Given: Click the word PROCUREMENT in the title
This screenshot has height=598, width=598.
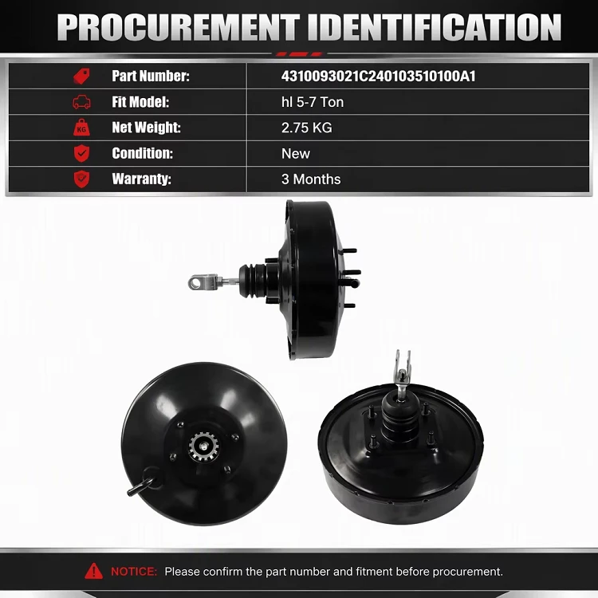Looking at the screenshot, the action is coord(179,27).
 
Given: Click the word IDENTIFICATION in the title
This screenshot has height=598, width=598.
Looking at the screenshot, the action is coord(435,27).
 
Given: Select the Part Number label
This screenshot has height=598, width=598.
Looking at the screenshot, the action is coord(151,76).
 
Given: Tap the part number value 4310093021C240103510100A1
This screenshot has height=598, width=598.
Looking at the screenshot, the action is coord(378,77).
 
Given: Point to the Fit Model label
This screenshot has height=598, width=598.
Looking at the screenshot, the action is coord(140,102).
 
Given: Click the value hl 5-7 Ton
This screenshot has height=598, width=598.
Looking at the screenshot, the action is coord(313,102).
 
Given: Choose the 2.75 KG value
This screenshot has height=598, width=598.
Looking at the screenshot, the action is coord(307,128).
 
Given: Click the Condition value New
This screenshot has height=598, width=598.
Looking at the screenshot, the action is coord(296,154).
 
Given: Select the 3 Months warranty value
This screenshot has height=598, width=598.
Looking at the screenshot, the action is coord(311,179).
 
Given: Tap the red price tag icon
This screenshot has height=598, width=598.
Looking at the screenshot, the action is coord(81,77).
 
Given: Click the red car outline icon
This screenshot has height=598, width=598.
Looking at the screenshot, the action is coord(81,102).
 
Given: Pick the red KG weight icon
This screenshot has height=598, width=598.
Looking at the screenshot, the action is coord(81,128).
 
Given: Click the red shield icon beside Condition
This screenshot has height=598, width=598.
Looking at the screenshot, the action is coord(81,153).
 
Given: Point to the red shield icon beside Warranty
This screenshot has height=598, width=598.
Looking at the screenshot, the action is coord(81,179).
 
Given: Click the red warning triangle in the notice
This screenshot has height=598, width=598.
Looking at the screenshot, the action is coord(94,571).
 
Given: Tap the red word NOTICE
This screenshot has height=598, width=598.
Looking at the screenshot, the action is coord(134,572).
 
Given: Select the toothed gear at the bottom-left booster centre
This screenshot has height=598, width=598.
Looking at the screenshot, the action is coord(204,447).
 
